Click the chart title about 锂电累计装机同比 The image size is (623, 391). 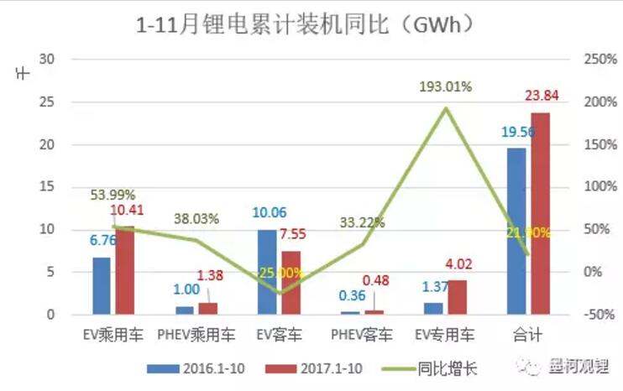310,24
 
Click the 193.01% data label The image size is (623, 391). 447,86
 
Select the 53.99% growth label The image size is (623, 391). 113,195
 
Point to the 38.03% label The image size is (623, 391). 196,219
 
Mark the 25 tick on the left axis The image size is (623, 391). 47,102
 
